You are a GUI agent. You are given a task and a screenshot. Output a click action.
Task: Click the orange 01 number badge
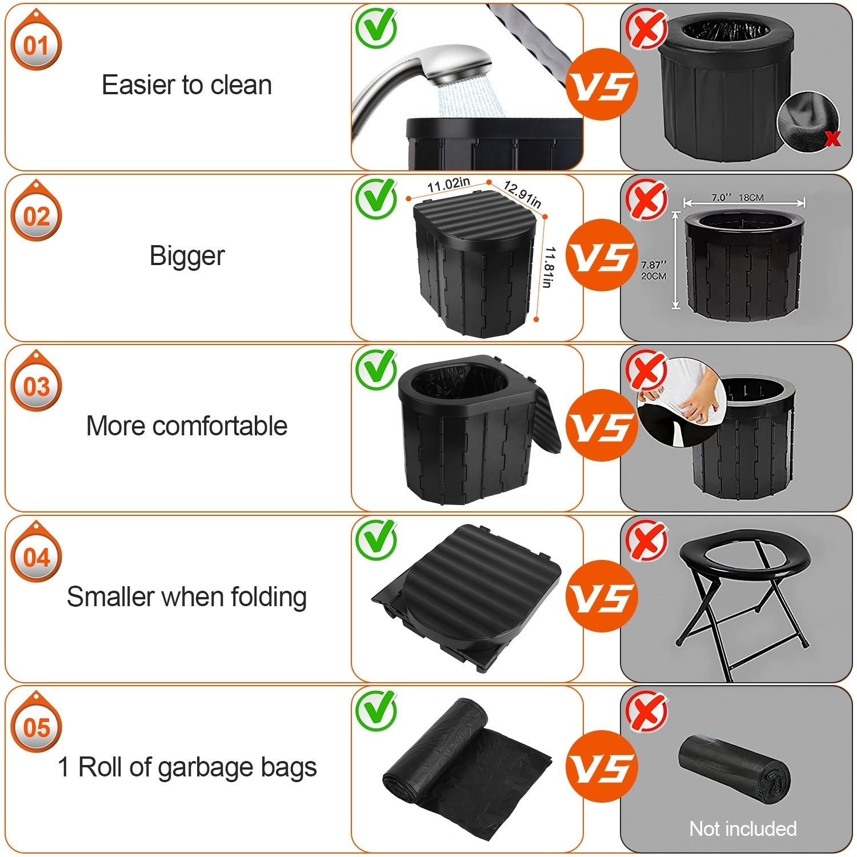tap(36, 46)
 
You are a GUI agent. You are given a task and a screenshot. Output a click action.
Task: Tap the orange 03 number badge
tap(36, 387)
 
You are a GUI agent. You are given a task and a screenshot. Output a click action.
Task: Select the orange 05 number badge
tap(36, 728)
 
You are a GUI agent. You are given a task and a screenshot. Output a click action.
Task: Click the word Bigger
tap(187, 255)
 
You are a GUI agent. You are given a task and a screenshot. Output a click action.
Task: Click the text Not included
tap(743, 828)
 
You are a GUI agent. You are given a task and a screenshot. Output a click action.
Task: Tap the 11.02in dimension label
tap(448, 185)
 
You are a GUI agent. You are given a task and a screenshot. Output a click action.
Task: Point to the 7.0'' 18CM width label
tap(737, 198)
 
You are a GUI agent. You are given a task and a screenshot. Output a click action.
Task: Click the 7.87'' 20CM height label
tap(654, 270)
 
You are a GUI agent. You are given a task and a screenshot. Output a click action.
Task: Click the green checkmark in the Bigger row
tap(375, 197)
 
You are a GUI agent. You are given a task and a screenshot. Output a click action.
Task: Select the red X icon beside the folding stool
tap(646, 539)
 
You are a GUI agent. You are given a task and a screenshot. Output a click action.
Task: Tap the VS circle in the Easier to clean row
tap(601, 85)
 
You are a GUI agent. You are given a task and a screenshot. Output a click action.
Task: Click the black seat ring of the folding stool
tap(743, 557)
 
